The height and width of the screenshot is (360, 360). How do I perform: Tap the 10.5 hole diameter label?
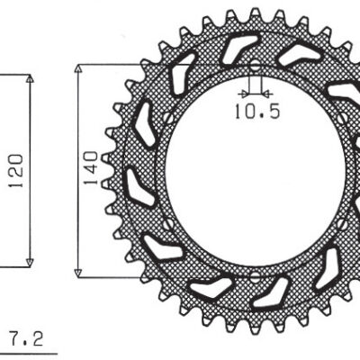click(x=256, y=112)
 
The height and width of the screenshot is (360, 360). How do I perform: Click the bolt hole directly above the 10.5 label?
click(x=255, y=66)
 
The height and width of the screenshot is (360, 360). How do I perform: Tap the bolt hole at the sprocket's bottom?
click(x=255, y=274)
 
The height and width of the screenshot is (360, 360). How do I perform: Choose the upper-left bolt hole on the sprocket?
click(x=168, y=116)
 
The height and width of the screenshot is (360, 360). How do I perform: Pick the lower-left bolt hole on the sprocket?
click(x=168, y=223)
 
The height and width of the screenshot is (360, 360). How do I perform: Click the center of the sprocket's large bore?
click(x=255, y=170)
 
